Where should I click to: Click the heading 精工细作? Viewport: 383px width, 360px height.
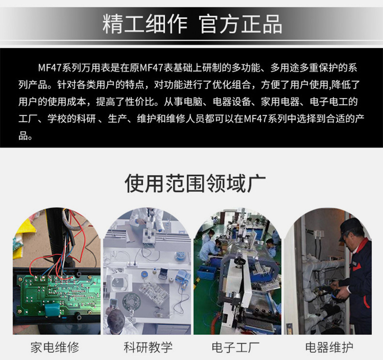tap(145, 24)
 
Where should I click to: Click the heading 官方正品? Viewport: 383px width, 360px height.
tap(240, 24)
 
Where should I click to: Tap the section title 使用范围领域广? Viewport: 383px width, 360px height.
tap(195, 183)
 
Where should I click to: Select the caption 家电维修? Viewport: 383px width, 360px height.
tap(55, 347)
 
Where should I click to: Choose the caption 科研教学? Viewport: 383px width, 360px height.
tap(148, 347)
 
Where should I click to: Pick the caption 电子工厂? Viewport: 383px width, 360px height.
tap(236, 347)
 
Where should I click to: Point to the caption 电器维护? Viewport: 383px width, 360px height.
tap(329, 347)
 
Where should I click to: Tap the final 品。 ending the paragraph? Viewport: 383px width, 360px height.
tap(25, 136)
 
